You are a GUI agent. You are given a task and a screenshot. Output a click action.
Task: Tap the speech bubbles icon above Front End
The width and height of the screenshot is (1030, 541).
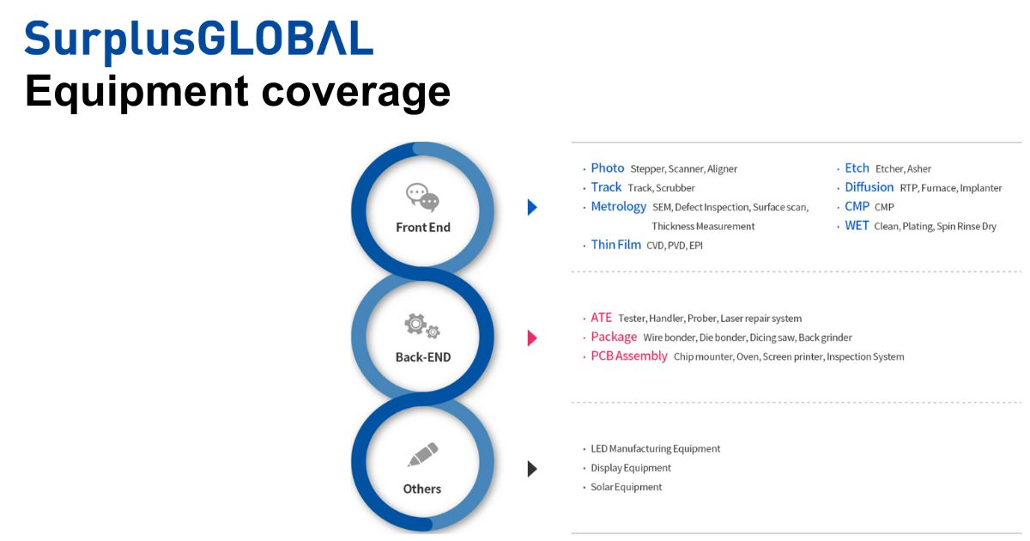tap(422, 198)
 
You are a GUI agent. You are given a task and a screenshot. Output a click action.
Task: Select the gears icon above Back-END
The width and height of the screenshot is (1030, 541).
tap(422, 325)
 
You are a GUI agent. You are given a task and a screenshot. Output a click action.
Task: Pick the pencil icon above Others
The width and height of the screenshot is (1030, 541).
tap(422, 454)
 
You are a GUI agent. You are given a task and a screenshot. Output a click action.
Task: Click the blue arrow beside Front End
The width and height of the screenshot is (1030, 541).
tap(532, 207)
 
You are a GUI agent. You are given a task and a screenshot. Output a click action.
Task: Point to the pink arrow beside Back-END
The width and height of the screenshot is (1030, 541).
tap(532, 337)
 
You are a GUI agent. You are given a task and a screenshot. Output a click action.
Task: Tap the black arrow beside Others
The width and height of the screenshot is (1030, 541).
tap(532, 468)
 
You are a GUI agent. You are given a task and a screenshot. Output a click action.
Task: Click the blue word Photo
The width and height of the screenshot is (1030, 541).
tap(608, 168)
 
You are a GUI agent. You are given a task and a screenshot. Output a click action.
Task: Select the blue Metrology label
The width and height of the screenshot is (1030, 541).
tap(618, 207)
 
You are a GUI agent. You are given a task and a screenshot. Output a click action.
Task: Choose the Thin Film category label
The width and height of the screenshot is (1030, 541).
tap(615, 245)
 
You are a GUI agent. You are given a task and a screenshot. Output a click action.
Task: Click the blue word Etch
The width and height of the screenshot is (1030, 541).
tap(857, 168)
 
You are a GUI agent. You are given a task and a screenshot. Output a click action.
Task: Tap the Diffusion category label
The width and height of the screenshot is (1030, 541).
tap(869, 187)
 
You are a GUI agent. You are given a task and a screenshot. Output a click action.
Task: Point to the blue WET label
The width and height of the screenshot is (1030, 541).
tap(857, 226)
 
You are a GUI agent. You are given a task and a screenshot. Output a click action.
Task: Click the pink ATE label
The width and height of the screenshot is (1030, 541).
tap(602, 318)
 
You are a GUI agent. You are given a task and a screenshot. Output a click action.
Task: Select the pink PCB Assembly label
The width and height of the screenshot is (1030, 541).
tap(628, 356)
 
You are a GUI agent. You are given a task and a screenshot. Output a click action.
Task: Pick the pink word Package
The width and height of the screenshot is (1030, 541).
tap(614, 337)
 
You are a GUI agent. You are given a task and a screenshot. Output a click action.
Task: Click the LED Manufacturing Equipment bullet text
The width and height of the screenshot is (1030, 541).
tap(656, 449)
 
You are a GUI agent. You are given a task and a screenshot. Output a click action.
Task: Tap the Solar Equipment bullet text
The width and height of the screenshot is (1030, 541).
tap(627, 487)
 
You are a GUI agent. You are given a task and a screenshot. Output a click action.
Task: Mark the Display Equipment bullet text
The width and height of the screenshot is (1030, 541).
tap(631, 468)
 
